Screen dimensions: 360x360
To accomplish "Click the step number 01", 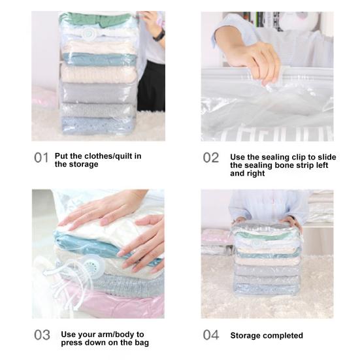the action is pos(41,158).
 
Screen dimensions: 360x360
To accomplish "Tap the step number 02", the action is pos(211,158).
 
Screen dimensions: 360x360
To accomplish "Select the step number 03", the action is pos(42,335).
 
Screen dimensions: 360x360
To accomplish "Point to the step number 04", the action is pos(211,335).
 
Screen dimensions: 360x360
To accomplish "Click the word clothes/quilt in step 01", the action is pos(106,156).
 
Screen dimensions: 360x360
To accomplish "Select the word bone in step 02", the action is pos(287,165).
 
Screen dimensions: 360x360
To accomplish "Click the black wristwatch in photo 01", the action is pos(159,35).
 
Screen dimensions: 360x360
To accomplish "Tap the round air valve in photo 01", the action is pos(88,34).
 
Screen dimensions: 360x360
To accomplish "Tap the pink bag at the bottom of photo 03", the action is pos(115,304).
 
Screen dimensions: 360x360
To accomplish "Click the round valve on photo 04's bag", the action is pos(256,244).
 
